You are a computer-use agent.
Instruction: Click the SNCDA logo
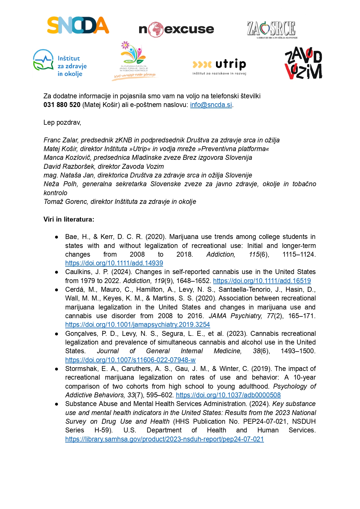point(78,25)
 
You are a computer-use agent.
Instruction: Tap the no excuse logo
point(176,29)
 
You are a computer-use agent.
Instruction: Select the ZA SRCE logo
point(272,29)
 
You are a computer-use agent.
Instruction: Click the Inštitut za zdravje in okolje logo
point(60,63)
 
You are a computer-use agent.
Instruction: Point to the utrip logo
point(219,66)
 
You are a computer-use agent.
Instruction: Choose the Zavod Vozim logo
point(303,63)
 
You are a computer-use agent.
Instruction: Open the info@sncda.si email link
point(211,105)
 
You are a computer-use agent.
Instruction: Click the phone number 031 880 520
point(62,105)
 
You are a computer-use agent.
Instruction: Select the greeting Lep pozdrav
point(62,123)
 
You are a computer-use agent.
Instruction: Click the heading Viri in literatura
point(69,220)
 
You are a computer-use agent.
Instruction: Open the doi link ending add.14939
point(114,263)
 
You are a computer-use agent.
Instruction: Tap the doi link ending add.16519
point(262,281)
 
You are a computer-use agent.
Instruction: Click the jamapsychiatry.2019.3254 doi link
point(137,325)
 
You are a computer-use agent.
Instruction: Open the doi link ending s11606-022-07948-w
point(130,360)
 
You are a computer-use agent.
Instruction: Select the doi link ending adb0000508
point(228,395)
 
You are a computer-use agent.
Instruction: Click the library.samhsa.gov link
point(164,439)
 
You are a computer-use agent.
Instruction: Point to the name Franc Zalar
point(61,140)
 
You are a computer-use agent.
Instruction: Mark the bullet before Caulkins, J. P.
point(57,272)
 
